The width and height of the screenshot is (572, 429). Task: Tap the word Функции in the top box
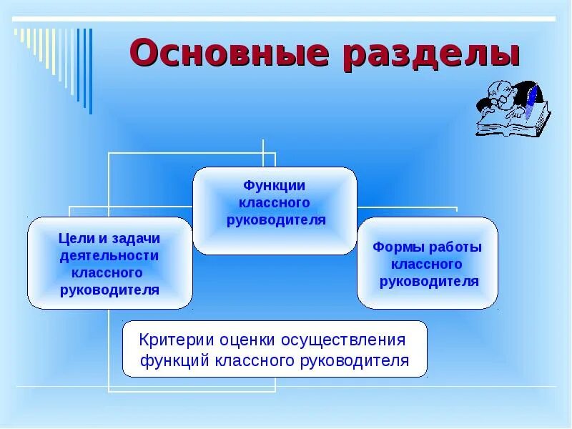click(275, 186)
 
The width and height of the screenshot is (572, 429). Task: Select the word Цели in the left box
click(74, 238)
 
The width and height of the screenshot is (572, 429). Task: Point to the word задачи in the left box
click(134, 238)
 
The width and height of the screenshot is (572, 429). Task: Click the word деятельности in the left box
click(109, 255)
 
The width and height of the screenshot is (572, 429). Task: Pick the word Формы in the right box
click(399, 247)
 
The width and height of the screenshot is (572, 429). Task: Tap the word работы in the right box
click(456, 247)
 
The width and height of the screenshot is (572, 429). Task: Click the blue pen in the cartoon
click(531, 101)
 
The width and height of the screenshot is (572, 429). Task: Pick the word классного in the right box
click(428, 265)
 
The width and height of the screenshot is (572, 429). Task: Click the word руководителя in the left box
click(109, 290)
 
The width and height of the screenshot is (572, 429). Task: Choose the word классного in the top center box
click(275, 203)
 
